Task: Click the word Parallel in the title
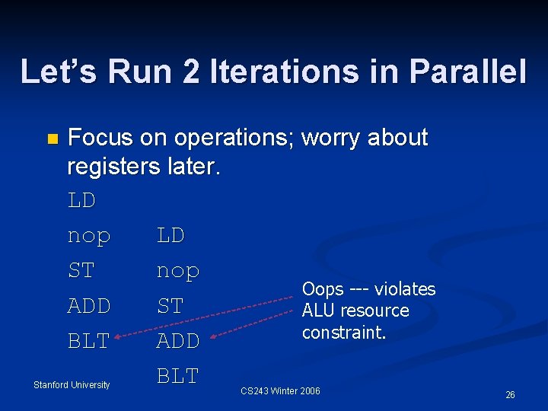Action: (467, 71)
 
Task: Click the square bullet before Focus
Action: (51, 139)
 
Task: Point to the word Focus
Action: (102, 138)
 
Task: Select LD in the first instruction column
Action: (81, 200)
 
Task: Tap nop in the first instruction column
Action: (89, 237)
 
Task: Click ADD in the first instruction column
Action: (89, 306)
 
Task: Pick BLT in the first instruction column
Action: (89, 341)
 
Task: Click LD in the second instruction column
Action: (170, 235)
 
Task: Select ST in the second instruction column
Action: (170, 306)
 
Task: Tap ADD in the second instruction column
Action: (178, 341)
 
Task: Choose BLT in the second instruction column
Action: (178, 376)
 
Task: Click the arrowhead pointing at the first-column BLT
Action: (119, 333)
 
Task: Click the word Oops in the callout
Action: (323, 289)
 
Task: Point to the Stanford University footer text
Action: (72, 385)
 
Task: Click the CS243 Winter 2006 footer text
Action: (280, 391)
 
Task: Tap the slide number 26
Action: (510, 395)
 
